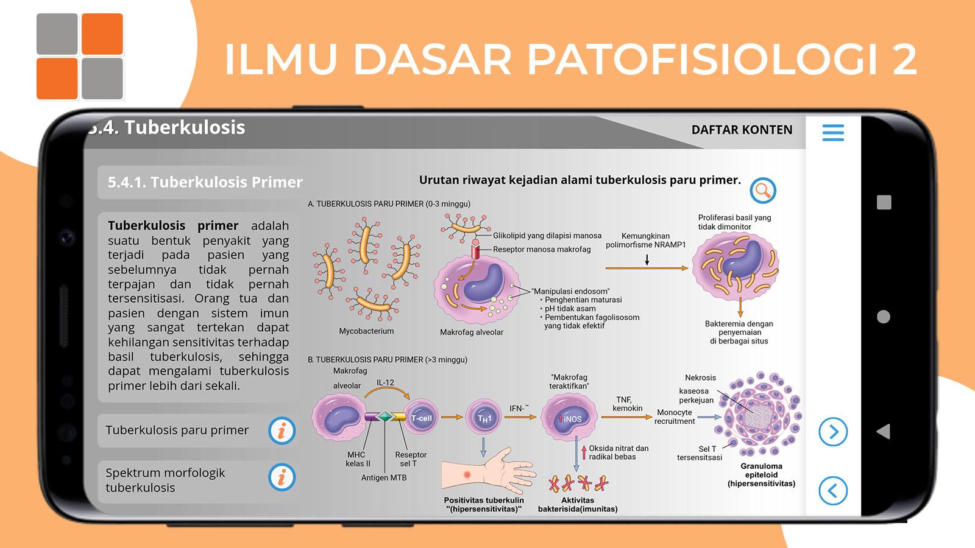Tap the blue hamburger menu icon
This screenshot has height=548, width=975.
(x=833, y=133)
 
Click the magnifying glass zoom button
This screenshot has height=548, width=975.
(x=762, y=191)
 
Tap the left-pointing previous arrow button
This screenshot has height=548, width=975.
(x=832, y=491)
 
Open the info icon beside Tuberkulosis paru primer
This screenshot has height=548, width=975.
(x=282, y=431)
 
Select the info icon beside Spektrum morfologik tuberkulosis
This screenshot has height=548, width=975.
(x=282, y=477)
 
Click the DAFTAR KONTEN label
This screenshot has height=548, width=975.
(x=742, y=130)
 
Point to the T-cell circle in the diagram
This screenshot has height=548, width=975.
(x=421, y=418)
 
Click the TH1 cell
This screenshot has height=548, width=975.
(x=483, y=418)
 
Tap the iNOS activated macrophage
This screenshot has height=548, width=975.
(x=569, y=418)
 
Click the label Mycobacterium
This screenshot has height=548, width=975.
(x=366, y=331)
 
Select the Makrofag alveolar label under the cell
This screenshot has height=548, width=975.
(x=472, y=332)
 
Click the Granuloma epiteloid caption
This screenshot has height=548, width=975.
(x=761, y=475)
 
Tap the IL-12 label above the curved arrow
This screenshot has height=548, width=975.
(x=385, y=383)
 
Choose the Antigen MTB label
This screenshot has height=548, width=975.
(x=384, y=477)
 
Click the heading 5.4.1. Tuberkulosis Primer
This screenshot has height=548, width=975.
(x=205, y=182)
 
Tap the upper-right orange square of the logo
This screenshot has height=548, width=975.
(x=102, y=34)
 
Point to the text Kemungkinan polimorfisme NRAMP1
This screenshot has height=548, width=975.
(x=645, y=241)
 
